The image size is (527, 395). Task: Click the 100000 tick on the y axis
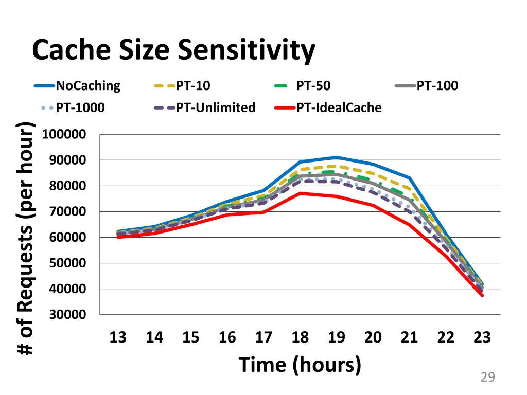point(64,135)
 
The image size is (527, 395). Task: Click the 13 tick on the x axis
point(118,337)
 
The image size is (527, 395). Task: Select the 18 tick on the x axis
point(300,337)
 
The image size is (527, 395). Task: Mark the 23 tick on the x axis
point(482,337)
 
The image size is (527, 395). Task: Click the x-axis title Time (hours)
point(300,365)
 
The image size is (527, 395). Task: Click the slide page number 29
point(487,378)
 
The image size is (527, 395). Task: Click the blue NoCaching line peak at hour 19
point(337,157)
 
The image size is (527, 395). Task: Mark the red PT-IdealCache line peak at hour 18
point(300,193)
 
